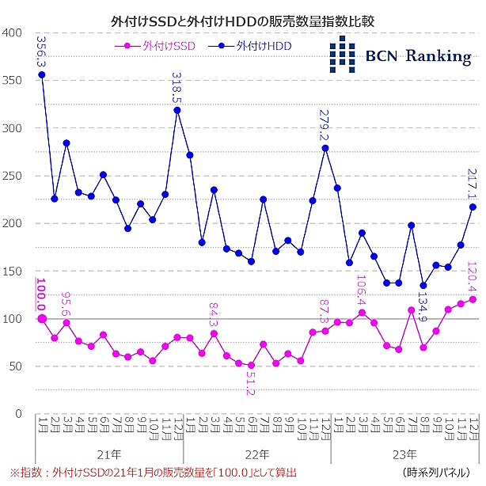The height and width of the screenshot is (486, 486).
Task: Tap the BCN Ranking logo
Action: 399,55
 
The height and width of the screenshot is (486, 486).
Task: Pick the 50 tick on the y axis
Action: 15,366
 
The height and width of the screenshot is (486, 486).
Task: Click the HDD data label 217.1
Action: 473,185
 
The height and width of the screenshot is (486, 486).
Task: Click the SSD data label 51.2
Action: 251,388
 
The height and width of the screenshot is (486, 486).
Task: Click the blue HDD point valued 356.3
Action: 41,75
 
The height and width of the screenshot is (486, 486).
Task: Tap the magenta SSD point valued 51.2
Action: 251,365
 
